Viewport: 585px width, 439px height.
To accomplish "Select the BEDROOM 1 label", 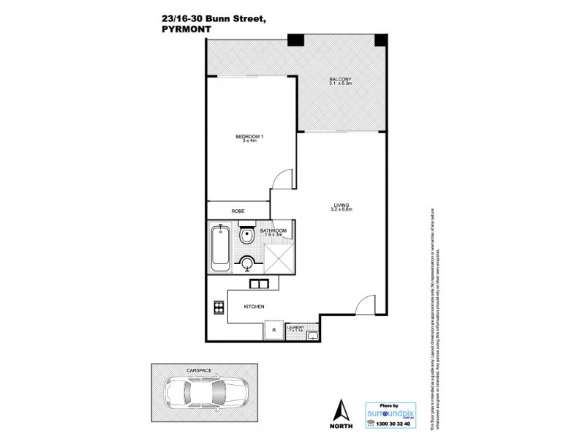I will [x=250, y=137].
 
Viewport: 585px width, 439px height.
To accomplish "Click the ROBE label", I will [x=238, y=211].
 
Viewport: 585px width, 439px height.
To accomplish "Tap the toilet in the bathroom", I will [x=248, y=237].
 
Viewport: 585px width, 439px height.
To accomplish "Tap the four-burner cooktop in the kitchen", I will [x=218, y=307].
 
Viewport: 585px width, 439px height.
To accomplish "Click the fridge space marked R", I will [x=273, y=331].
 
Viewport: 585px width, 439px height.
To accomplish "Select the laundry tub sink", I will [x=312, y=336].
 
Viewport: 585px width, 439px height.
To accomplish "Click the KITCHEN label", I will [x=254, y=307].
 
